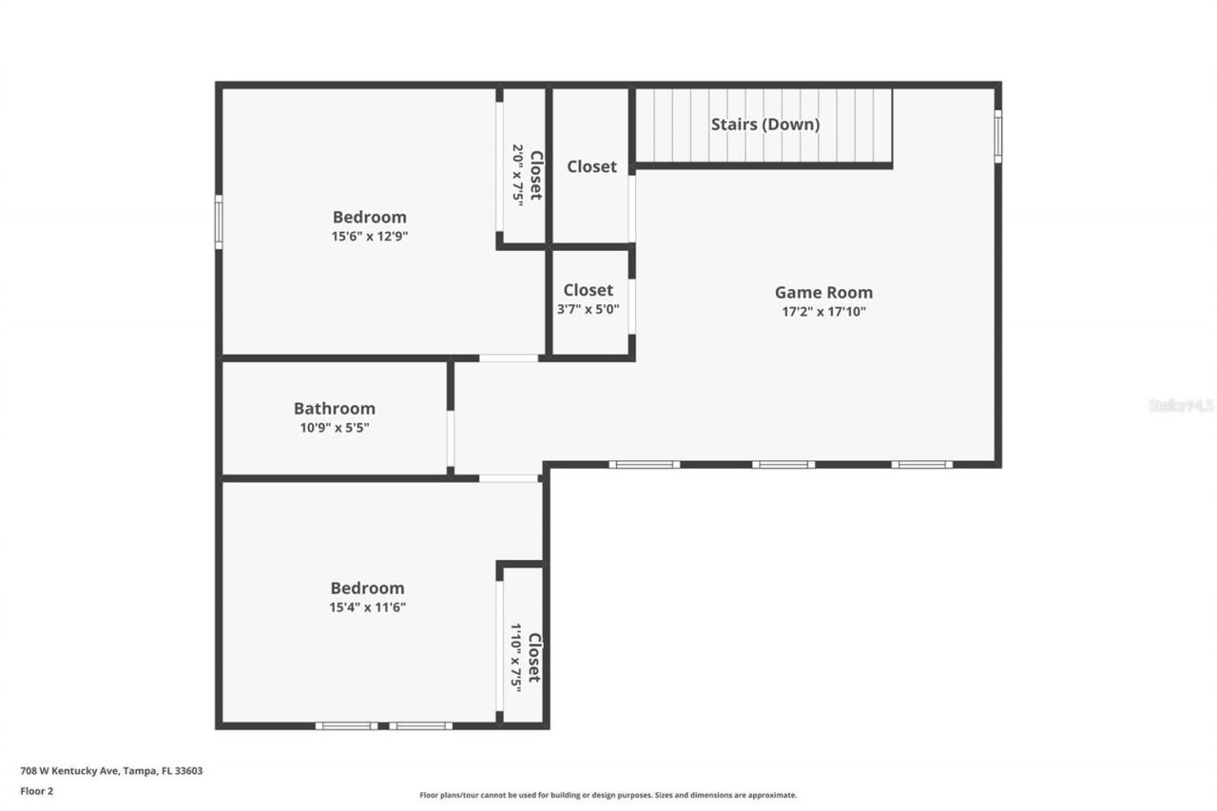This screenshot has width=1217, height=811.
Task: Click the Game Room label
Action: [x=823, y=293]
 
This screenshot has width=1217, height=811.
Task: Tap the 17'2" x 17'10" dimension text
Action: [x=823, y=312]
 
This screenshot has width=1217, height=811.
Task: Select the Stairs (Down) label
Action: [x=765, y=125]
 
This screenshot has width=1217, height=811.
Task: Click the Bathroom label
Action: [x=335, y=409]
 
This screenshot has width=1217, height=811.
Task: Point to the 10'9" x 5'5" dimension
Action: [x=335, y=428]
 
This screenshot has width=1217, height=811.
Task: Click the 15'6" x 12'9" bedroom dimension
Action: [x=369, y=237]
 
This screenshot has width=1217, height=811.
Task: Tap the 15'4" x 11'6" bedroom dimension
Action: [x=367, y=608]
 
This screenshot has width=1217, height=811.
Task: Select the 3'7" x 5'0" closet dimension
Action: [x=589, y=309]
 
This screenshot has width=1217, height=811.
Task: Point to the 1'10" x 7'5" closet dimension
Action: [x=516, y=656]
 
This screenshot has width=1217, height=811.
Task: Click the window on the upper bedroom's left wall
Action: [x=219, y=222]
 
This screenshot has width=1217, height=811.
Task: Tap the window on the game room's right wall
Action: [x=997, y=136]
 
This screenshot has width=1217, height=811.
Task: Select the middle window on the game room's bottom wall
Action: [x=783, y=465]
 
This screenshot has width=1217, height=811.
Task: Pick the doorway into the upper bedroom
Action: [x=509, y=358]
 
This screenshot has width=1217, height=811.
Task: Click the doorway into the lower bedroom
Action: [x=509, y=478]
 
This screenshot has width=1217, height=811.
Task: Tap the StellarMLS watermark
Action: [x=1181, y=405]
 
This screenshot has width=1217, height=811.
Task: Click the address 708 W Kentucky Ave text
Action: [x=111, y=771]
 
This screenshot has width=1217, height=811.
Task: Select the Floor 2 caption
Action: [x=36, y=790]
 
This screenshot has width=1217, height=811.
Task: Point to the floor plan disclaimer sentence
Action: [x=608, y=795]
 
